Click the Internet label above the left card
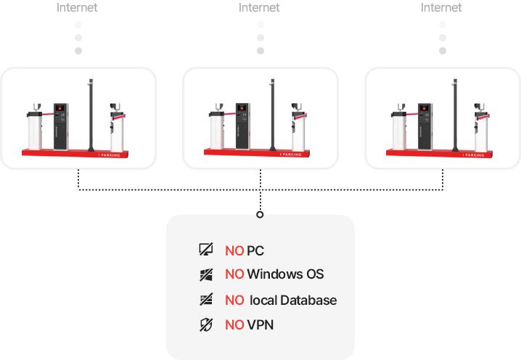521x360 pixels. [78, 7]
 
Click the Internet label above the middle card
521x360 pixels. [259, 7]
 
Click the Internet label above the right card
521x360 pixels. [441, 7]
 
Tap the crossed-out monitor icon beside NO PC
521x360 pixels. [205, 250]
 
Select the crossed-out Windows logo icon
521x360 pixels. [205, 274]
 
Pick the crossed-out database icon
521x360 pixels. [205, 300]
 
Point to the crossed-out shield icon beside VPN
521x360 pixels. [205, 325]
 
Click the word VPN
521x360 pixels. [260, 325]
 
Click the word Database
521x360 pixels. [308, 300]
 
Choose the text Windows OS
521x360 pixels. [285, 274]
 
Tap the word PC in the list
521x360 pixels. [255, 251]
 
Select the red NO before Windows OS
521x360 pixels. [234, 274]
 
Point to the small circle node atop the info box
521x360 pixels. [260, 215]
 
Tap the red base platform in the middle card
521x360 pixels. [260, 153]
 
